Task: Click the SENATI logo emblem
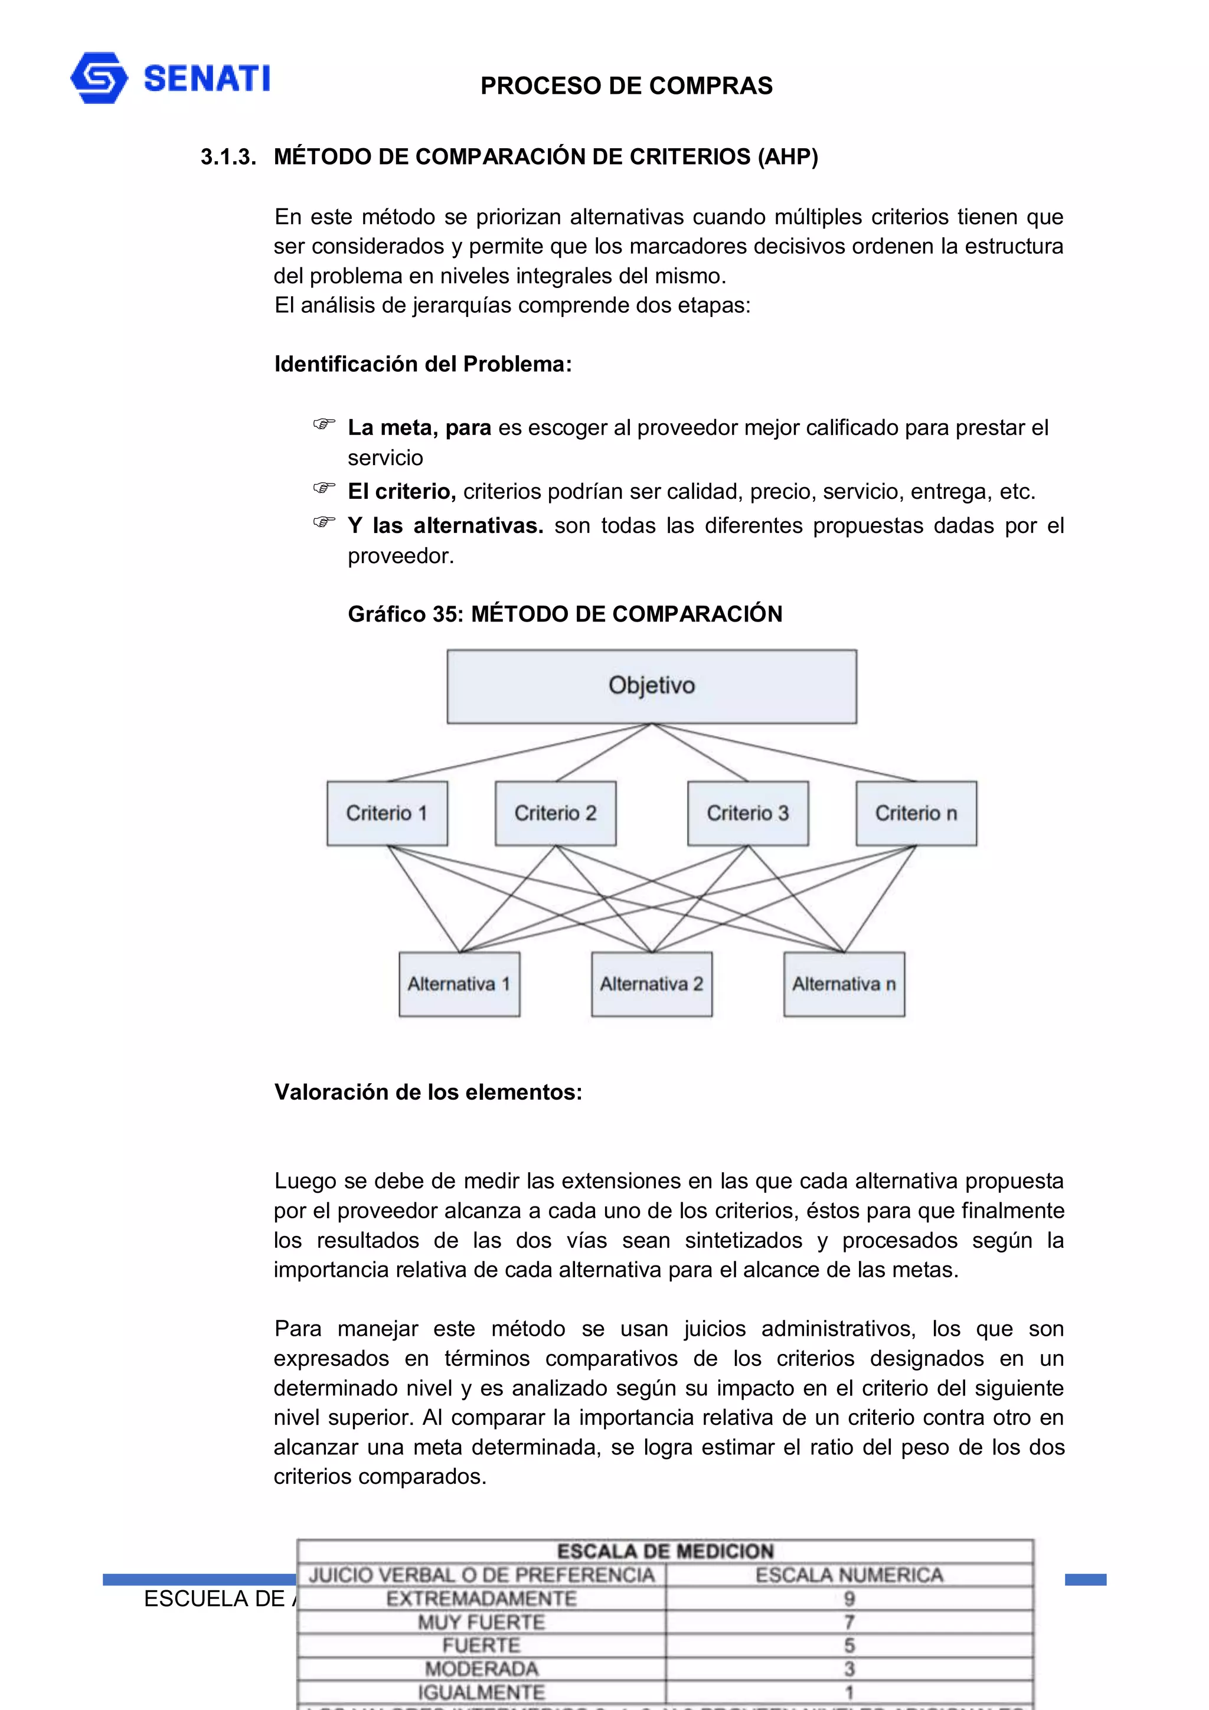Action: (99, 77)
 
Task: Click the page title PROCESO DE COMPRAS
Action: (626, 86)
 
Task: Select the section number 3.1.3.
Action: (228, 157)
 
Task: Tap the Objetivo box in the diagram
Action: (651, 686)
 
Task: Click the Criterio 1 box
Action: (387, 813)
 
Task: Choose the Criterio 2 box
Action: (555, 813)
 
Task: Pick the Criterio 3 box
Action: (747, 813)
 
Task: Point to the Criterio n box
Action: (916, 813)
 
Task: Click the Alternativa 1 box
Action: (459, 984)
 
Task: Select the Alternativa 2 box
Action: (651, 984)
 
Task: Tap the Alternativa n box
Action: (843, 984)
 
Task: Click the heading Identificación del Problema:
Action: (422, 364)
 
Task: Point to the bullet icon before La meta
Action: (324, 424)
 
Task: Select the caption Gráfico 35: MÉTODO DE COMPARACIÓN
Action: (564, 614)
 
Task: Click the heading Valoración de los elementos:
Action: (427, 1092)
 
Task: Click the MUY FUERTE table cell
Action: (481, 1622)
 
